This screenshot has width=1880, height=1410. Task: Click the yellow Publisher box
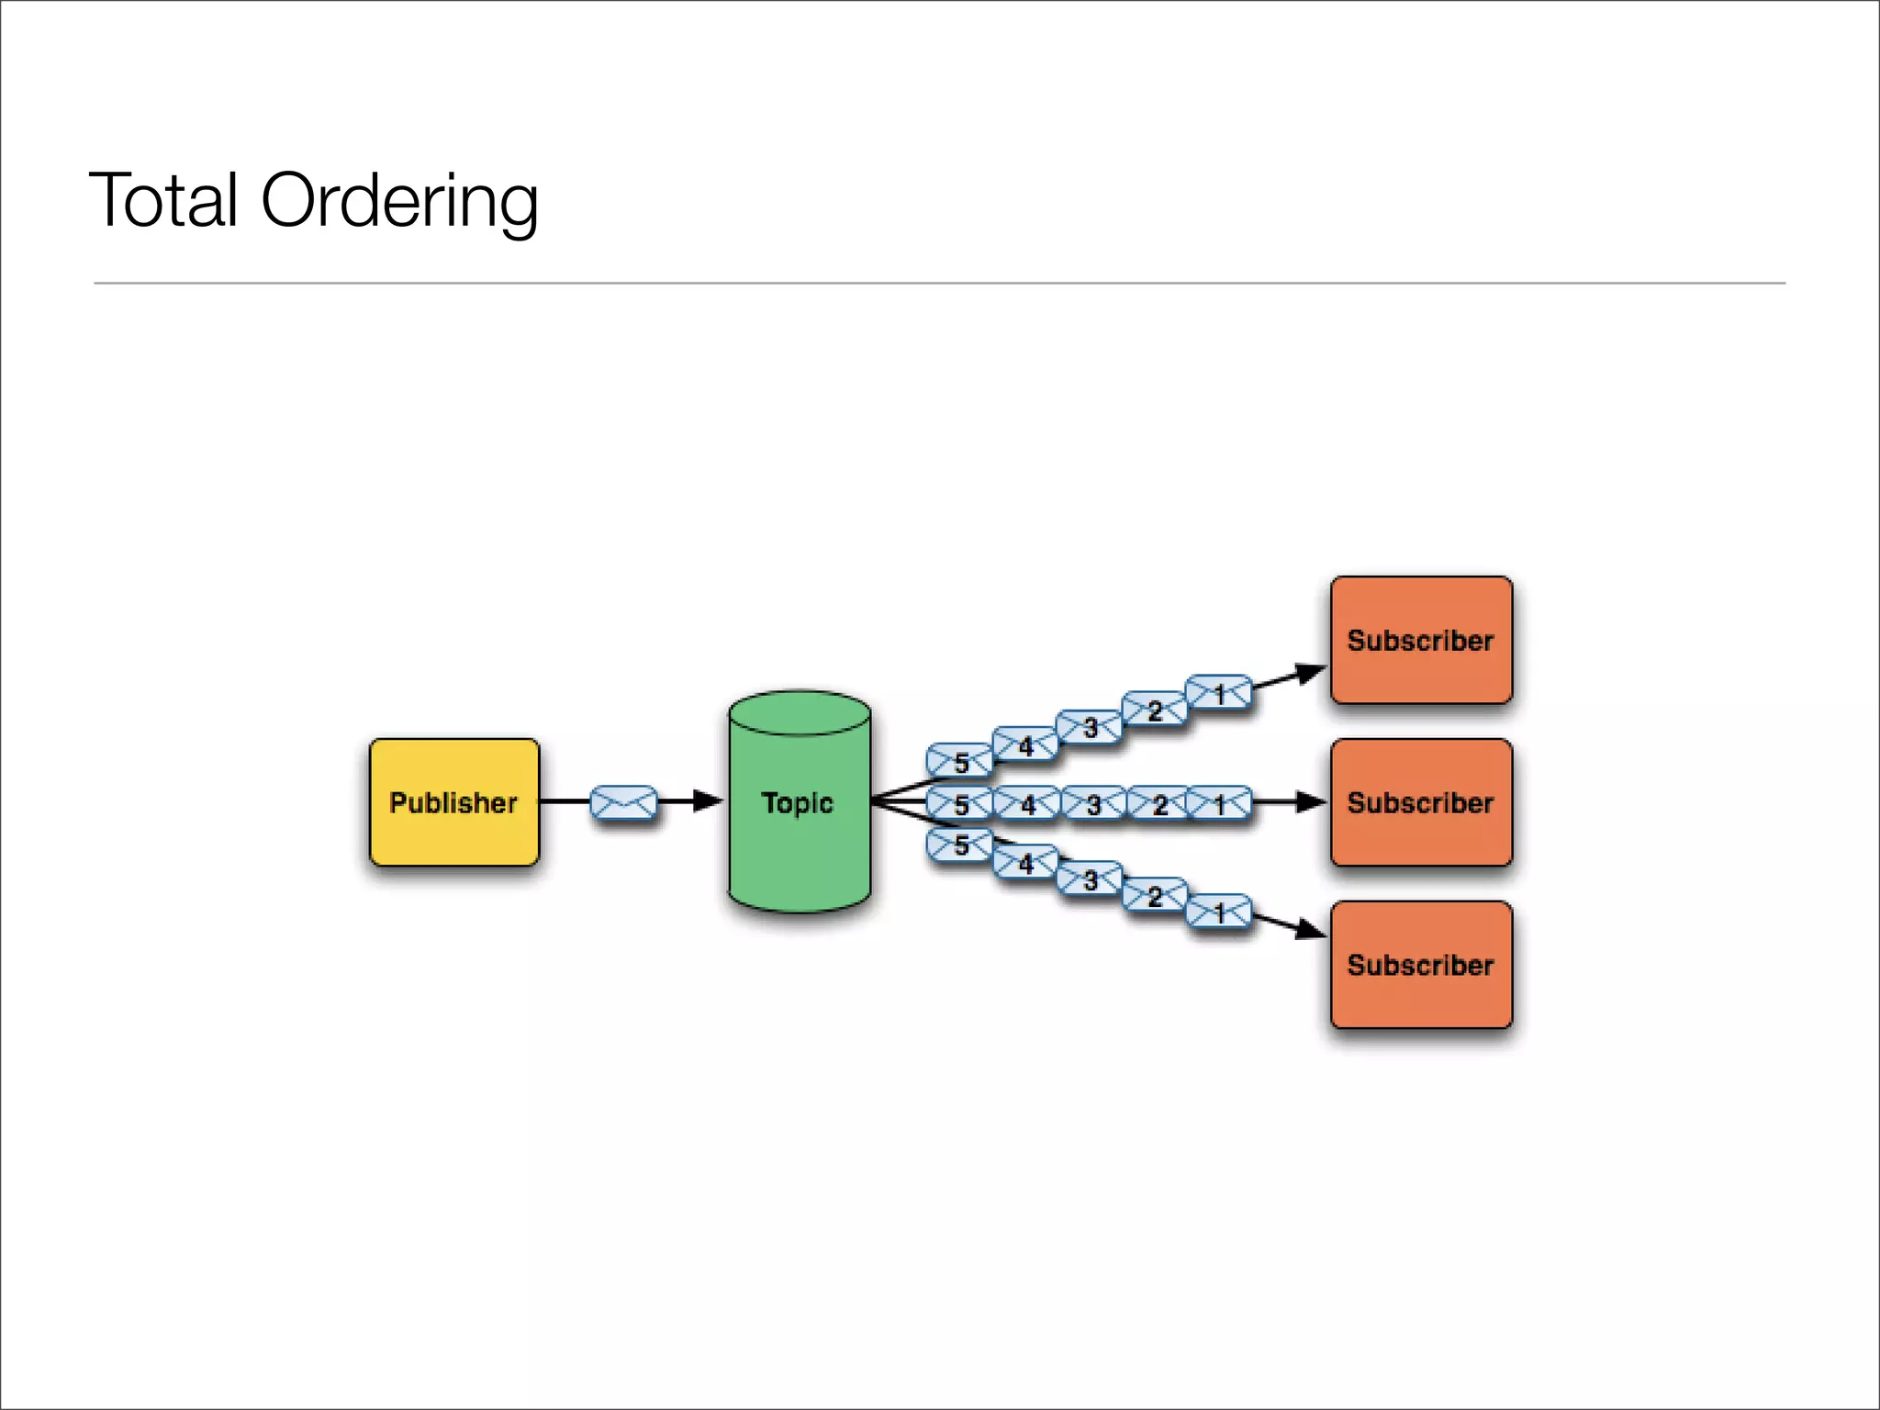454,802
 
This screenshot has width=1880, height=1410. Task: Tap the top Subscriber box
1421,640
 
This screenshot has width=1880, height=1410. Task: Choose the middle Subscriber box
1421,802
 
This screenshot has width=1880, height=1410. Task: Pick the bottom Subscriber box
1421,965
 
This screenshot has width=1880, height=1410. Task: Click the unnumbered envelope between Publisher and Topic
623,802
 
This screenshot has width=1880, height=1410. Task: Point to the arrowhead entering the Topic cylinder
708,801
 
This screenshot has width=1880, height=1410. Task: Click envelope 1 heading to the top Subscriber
1219,693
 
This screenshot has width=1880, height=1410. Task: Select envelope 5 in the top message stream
959,761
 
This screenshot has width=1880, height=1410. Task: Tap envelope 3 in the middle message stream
1093,804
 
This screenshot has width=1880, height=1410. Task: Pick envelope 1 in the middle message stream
1219,804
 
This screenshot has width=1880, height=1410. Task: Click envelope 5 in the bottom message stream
959,845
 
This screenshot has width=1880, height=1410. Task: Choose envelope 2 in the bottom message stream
1155,895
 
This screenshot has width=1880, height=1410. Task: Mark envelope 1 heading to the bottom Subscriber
1219,912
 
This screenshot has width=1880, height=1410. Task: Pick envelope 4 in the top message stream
1024,744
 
